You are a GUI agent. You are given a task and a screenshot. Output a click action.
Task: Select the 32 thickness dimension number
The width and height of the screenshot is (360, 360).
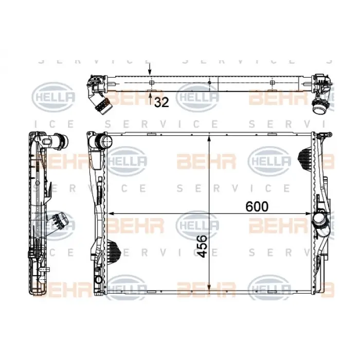point(161,102)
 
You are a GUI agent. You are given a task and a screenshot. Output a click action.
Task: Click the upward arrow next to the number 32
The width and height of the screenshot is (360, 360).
point(150,94)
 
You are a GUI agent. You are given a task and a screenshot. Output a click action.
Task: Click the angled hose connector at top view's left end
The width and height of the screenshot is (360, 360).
point(100,103)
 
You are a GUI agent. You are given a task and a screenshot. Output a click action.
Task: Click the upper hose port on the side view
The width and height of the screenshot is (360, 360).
point(62,139)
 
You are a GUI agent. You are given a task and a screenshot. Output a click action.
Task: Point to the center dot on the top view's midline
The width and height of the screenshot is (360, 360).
point(210,82)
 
